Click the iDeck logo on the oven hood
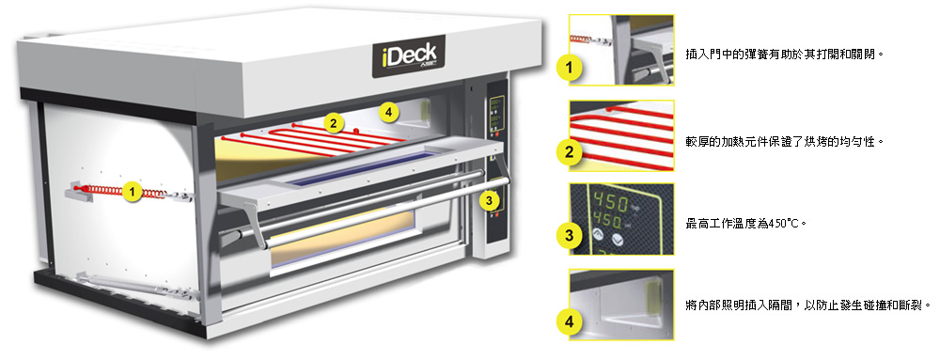coord(409,56)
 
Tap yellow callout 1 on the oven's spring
coord(132,192)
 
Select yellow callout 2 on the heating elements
coord(334,123)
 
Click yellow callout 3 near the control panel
coord(490,200)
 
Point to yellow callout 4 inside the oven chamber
coord(389,111)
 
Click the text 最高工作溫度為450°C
coord(745,224)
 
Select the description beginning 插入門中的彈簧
coord(786,55)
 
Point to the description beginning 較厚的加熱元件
coord(786,143)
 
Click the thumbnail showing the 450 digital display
coord(621,219)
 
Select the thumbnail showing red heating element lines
coord(621,135)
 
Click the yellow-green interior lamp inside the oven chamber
coord(426,110)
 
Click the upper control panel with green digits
coord(495,116)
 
